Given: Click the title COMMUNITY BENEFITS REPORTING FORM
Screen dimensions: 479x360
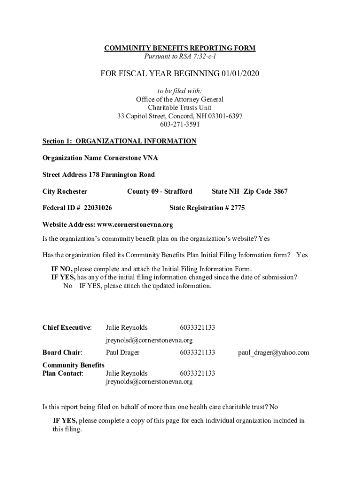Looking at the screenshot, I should click(x=180, y=49).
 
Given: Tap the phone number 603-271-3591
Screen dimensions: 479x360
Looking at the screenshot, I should click(x=180, y=124).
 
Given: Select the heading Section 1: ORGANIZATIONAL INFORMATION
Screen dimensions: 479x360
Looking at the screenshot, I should click(x=119, y=141).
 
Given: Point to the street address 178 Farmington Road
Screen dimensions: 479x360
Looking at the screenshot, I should click(x=122, y=175).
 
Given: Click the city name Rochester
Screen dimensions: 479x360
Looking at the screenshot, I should click(x=72, y=191).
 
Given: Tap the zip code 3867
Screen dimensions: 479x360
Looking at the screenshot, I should click(x=281, y=191).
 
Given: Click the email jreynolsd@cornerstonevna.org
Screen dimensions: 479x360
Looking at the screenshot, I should click(x=149, y=340).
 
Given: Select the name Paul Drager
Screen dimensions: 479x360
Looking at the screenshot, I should click(x=122, y=352).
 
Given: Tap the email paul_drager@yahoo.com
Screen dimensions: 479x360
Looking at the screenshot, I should click(x=274, y=352).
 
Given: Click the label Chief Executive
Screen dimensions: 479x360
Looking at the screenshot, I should click(x=67, y=327).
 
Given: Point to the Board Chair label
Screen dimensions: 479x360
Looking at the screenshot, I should click(x=62, y=352).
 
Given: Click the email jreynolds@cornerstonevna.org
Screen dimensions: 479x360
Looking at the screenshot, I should click(x=149, y=381).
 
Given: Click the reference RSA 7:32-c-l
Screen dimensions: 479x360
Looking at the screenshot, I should click(x=196, y=57).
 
